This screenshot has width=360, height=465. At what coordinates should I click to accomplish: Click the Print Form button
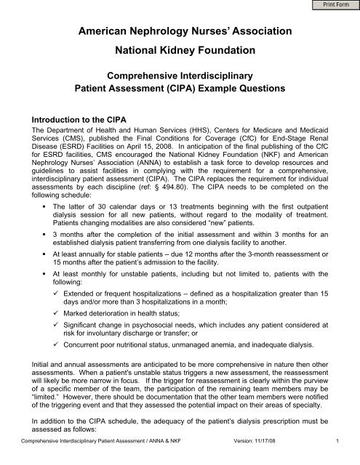coord(336,6)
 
